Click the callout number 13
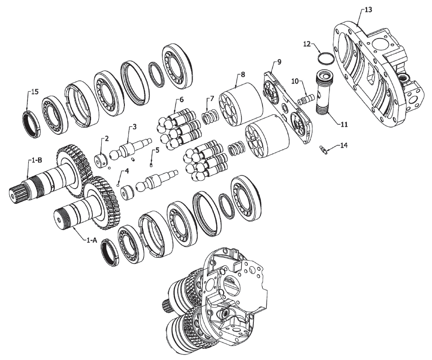[368, 10]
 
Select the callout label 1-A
[92, 240]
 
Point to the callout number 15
[35, 92]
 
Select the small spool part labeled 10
[306, 99]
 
